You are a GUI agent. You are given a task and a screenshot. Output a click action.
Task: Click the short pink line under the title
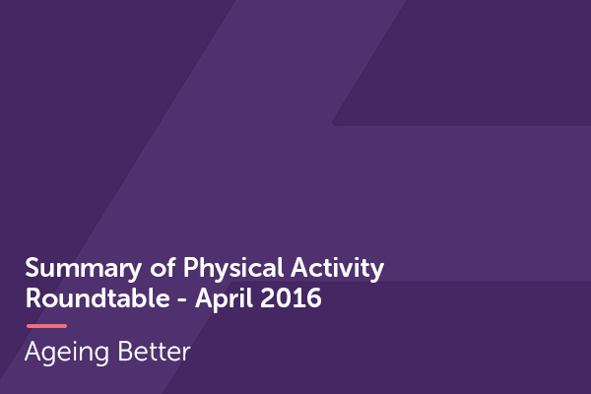pyautogui.click(x=46, y=325)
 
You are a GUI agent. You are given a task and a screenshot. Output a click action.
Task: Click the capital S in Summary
pyautogui.click(x=33, y=269)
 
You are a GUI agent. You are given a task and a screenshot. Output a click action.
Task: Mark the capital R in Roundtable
pyautogui.click(x=33, y=298)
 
